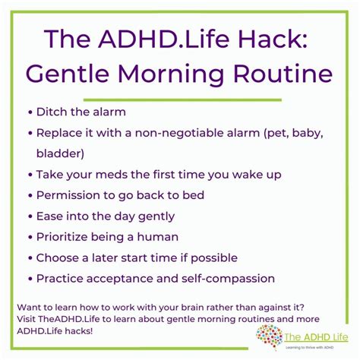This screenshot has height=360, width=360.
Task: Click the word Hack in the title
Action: (273, 39)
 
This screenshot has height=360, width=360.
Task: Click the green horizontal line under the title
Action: (182, 100)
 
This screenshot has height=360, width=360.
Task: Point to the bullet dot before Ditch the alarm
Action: (30, 112)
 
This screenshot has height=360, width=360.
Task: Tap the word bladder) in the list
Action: (60, 153)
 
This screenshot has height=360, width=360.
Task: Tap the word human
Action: (158, 237)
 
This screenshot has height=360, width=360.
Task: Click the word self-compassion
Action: (228, 279)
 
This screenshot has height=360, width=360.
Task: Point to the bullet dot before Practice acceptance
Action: (30, 279)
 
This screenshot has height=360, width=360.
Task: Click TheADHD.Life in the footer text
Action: (69, 319)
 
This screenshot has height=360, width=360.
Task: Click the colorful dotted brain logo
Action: (269, 337)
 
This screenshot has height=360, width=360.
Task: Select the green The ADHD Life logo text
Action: (316, 337)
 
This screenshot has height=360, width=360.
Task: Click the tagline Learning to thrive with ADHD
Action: (309, 347)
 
